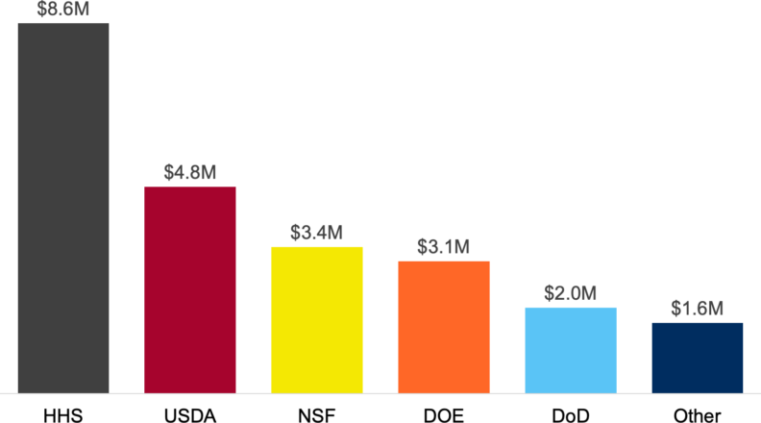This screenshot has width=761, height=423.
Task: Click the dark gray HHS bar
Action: [x=63, y=208]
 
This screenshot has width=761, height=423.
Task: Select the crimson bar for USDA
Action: [x=190, y=289]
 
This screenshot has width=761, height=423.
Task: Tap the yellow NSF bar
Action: [x=317, y=320]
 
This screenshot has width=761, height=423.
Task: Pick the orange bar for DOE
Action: [x=444, y=327]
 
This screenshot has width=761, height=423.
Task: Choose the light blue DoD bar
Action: [x=571, y=350]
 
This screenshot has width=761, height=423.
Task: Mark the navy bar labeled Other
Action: [x=698, y=358]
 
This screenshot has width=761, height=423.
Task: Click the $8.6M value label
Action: [x=63, y=9]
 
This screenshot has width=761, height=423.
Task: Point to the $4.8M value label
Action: [x=190, y=173]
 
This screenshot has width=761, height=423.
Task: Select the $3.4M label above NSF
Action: [x=317, y=234]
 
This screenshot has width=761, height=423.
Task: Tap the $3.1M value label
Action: [x=444, y=247]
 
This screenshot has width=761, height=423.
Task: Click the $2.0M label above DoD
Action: [x=571, y=294]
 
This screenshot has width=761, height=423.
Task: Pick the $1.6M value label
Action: [x=698, y=310]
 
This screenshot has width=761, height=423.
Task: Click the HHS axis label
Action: [x=63, y=415]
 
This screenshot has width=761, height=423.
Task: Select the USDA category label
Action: [x=190, y=415]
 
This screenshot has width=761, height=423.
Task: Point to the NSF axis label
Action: [x=317, y=415]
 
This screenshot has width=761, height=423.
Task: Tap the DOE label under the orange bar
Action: [x=444, y=415]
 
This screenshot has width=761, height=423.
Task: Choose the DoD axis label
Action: [x=571, y=415]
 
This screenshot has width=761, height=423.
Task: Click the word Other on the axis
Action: [x=698, y=415]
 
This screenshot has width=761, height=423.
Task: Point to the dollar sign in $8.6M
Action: [x=42, y=9]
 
